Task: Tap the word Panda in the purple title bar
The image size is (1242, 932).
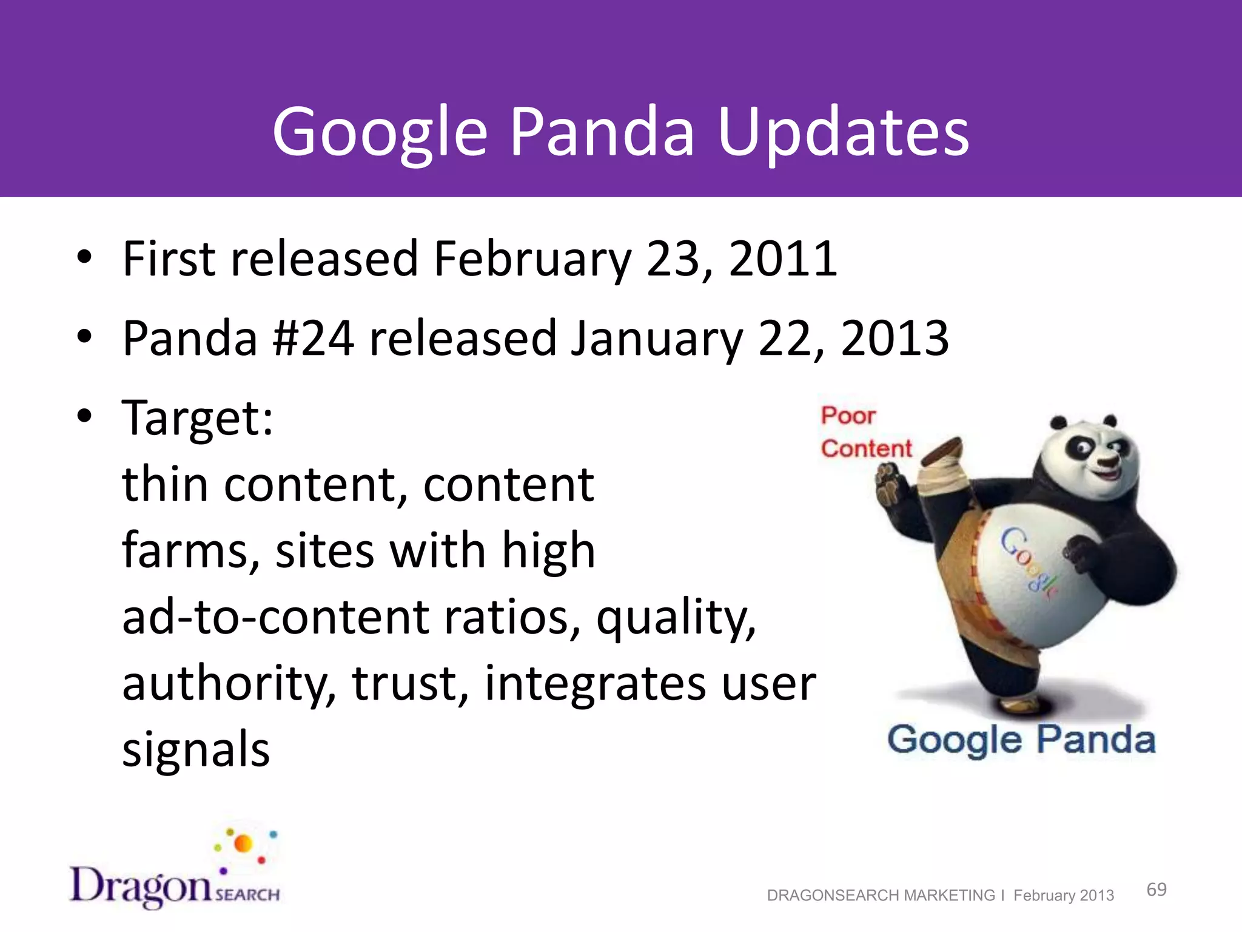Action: [602, 132]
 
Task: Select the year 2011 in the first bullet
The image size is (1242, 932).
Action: [782, 260]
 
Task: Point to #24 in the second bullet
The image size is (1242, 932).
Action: [313, 339]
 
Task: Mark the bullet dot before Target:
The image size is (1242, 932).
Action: [84, 416]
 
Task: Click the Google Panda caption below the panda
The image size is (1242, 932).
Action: [1021, 740]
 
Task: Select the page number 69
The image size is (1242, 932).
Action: [1156, 890]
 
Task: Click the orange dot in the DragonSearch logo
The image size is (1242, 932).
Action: [243, 843]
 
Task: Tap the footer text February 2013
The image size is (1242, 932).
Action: [1064, 896]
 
